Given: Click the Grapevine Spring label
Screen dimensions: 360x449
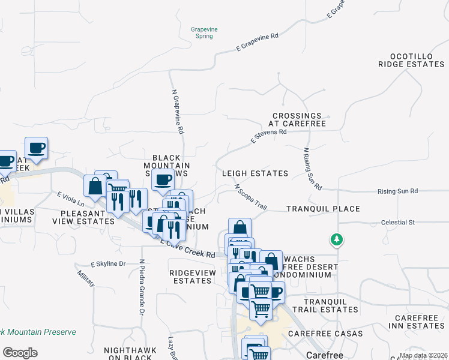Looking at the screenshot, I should [x=202, y=32].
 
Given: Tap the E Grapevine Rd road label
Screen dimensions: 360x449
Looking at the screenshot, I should [x=258, y=44].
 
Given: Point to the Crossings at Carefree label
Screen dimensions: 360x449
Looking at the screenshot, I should [x=298, y=119].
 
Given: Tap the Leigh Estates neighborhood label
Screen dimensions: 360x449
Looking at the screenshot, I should [x=255, y=173].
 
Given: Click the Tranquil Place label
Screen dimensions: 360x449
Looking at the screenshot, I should [x=323, y=209].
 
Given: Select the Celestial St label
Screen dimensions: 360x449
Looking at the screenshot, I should [x=398, y=223].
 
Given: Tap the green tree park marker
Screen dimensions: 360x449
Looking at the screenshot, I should [x=337, y=240].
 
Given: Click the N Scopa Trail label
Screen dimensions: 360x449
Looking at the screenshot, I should [x=250, y=196].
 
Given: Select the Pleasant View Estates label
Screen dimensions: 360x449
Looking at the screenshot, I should [x=87, y=217].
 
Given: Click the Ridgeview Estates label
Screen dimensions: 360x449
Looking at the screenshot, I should [x=191, y=276].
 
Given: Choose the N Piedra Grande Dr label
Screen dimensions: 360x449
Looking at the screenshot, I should [x=142, y=287].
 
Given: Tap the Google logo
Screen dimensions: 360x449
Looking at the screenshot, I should [x=20, y=353].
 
